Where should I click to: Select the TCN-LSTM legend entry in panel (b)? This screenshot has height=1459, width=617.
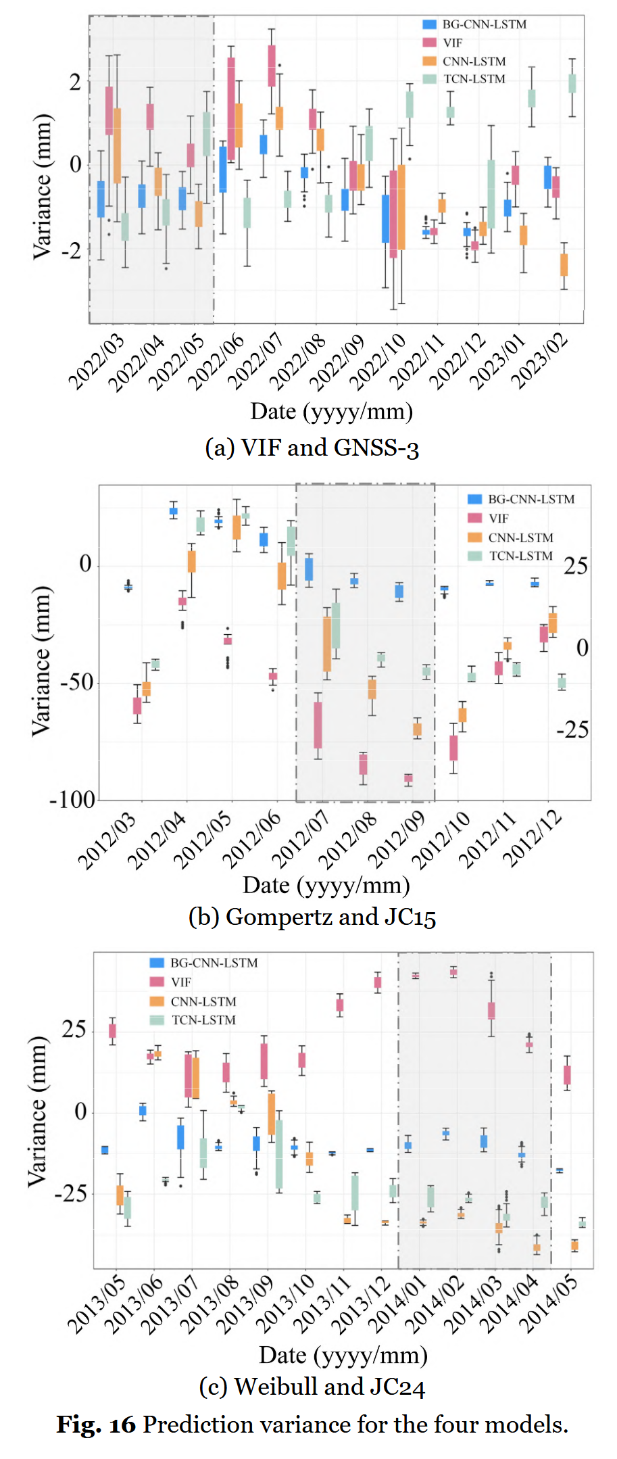point(520,556)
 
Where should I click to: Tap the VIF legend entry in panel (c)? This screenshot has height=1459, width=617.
point(180,982)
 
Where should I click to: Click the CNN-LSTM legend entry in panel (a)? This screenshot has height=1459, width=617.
point(474,61)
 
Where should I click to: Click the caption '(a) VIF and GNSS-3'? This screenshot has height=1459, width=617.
point(312,448)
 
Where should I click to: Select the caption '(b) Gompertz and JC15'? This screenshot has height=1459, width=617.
point(312,917)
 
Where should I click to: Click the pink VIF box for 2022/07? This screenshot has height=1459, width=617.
point(272,66)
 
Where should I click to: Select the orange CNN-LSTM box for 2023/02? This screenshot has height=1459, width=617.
point(564,264)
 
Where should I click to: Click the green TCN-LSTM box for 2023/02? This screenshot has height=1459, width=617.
point(572,83)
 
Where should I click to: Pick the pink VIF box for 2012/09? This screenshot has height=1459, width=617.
point(408,778)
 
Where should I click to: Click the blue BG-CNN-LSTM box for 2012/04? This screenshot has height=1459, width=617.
point(174,511)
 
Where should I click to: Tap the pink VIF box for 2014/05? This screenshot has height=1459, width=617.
point(567,1074)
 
